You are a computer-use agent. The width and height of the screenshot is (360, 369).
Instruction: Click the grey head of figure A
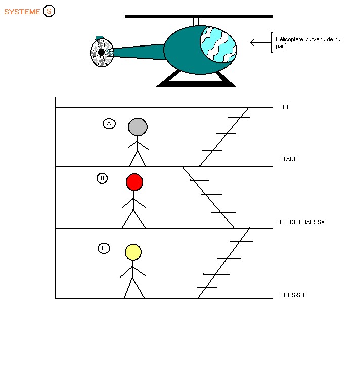pyautogui.click(x=138, y=127)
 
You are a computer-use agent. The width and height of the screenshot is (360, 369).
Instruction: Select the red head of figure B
pyautogui.click(x=134, y=182)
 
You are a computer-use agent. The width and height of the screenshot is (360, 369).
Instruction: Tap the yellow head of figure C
pyautogui.click(x=133, y=252)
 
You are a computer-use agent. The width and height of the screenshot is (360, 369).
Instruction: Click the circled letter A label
pyautogui.click(x=109, y=124)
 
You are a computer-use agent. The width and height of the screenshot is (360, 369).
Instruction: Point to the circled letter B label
pyautogui.click(x=102, y=178)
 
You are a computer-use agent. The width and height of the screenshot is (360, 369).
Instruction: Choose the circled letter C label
pyautogui.click(x=103, y=248)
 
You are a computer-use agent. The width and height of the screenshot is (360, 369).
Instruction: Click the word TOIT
pyautogui.click(x=285, y=108)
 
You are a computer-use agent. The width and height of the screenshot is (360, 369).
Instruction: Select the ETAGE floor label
pyautogui.click(x=288, y=159)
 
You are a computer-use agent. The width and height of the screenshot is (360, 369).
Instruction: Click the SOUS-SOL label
pyautogui.click(x=294, y=295)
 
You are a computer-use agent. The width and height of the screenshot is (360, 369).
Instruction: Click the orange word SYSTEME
pyautogui.click(x=22, y=12)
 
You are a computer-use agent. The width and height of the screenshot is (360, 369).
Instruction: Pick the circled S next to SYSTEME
pyautogui.click(x=49, y=11)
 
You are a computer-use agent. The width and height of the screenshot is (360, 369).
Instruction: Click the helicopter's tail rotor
pyautogui.click(x=101, y=53)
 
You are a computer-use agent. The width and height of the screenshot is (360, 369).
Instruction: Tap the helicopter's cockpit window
pyautogui.click(x=218, y=44)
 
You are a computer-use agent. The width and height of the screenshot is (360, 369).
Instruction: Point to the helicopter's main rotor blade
pyautogui.click(x=198, y=16)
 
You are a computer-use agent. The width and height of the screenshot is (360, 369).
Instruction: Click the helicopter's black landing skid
pyautogui.click(x=196, y=83)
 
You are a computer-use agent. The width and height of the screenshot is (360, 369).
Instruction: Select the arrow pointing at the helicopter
pyautogui.click(x=260, y=42)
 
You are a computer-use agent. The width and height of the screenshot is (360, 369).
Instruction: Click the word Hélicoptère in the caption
pyautogui.click(x=286, y=39)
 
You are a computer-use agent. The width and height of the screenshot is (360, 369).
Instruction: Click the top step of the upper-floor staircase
pyautogui.click(x=239, y=117)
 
